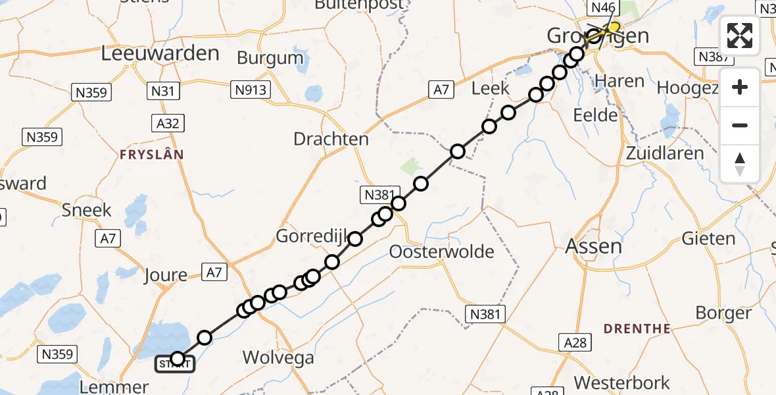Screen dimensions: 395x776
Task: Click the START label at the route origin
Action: [174, 364]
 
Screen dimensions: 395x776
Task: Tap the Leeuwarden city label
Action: [160, 53]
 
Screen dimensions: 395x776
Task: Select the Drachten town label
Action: [331, 139]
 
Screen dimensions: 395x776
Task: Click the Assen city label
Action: [593, 247]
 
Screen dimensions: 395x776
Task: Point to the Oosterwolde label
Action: [441, 251]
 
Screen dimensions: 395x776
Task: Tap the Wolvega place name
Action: [278, 357]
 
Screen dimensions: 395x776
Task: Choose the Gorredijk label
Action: [309, 236]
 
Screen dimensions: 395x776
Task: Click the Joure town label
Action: [164, 275]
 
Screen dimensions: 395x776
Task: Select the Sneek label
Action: [87, 210]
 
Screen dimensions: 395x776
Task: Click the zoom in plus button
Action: [740, 87]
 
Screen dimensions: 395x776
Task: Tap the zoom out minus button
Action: [740, 125]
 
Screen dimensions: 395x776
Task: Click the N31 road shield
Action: [162, 91]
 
